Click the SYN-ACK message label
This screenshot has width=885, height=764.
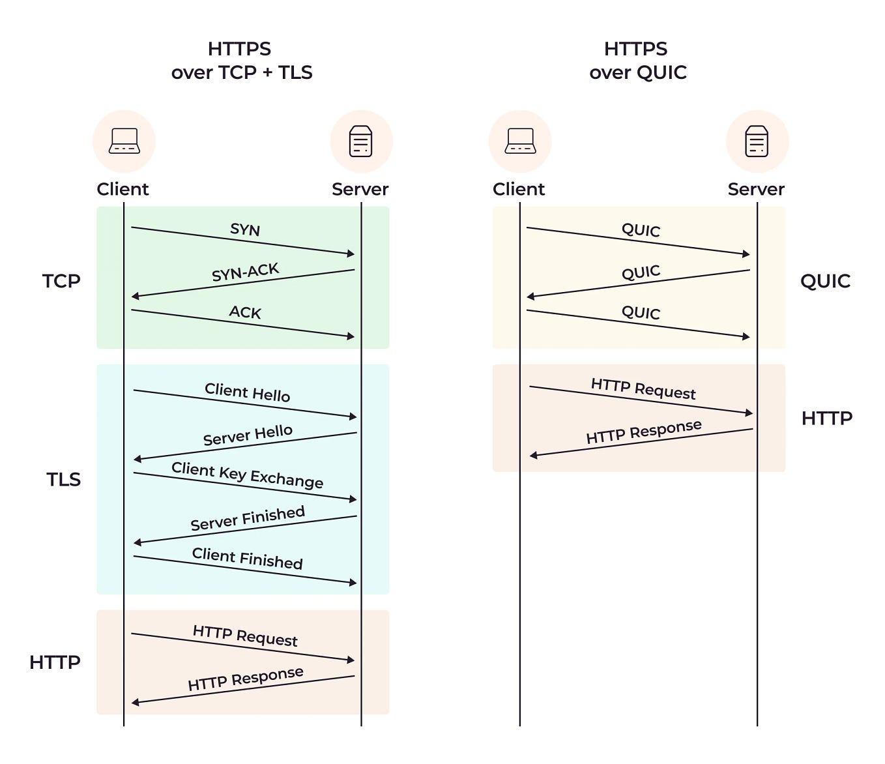point(245,272)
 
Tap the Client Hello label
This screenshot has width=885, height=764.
point(247,392)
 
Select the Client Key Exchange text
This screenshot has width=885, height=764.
point(247,475)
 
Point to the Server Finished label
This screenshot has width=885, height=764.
point(247,518)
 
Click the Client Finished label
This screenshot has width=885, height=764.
point(247,559)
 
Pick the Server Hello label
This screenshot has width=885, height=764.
point(247,435)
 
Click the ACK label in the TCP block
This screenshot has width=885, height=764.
point(245,312)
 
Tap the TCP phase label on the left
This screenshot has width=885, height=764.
point(61,281)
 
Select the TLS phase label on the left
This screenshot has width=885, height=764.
point(63,479)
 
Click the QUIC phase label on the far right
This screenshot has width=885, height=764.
point(825,281)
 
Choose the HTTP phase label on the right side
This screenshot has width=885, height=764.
point(826,418)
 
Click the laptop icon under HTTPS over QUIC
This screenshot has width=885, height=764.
point(520,141)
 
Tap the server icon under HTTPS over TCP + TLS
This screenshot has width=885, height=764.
point(361,141)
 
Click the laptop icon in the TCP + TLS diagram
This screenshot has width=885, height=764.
point(124,141)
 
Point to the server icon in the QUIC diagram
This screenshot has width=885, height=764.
point(757,141)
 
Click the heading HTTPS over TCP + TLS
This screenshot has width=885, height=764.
point(241,61)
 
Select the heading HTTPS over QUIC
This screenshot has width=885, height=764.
point(637,61)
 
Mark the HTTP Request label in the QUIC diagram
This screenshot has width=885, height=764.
point(643,389)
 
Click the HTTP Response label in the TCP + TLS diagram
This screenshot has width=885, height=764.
point(245,679)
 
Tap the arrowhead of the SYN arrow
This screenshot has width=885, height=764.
point(351,254)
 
